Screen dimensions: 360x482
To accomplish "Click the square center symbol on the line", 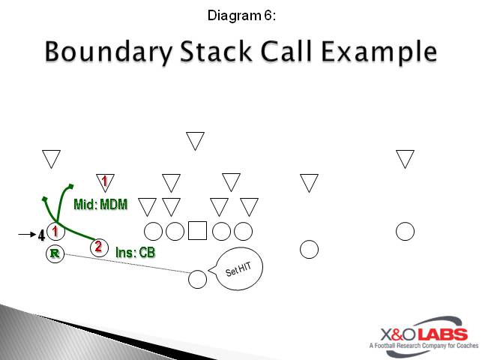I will coord(197,231).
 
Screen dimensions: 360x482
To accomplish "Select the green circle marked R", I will coord(55,253).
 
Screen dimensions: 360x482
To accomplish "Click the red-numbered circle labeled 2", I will coord(98,246).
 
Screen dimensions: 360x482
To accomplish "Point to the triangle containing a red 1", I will coord(105,181).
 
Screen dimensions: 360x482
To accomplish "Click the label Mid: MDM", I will coord(100,204).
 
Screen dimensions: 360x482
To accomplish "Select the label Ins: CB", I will coord(136,253).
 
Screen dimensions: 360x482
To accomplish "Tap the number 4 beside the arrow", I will coord(41,237).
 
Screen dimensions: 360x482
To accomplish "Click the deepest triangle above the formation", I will coord(196,139).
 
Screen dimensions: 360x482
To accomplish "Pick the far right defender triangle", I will coord(406,158).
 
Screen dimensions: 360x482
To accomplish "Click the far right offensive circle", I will coord(406,231).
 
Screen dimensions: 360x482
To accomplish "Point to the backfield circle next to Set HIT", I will coord(197,279).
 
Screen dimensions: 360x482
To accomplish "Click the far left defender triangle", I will coord(52,158).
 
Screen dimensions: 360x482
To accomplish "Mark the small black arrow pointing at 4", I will coord(26,235).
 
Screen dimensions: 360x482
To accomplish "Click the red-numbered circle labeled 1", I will coord(55,232).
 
